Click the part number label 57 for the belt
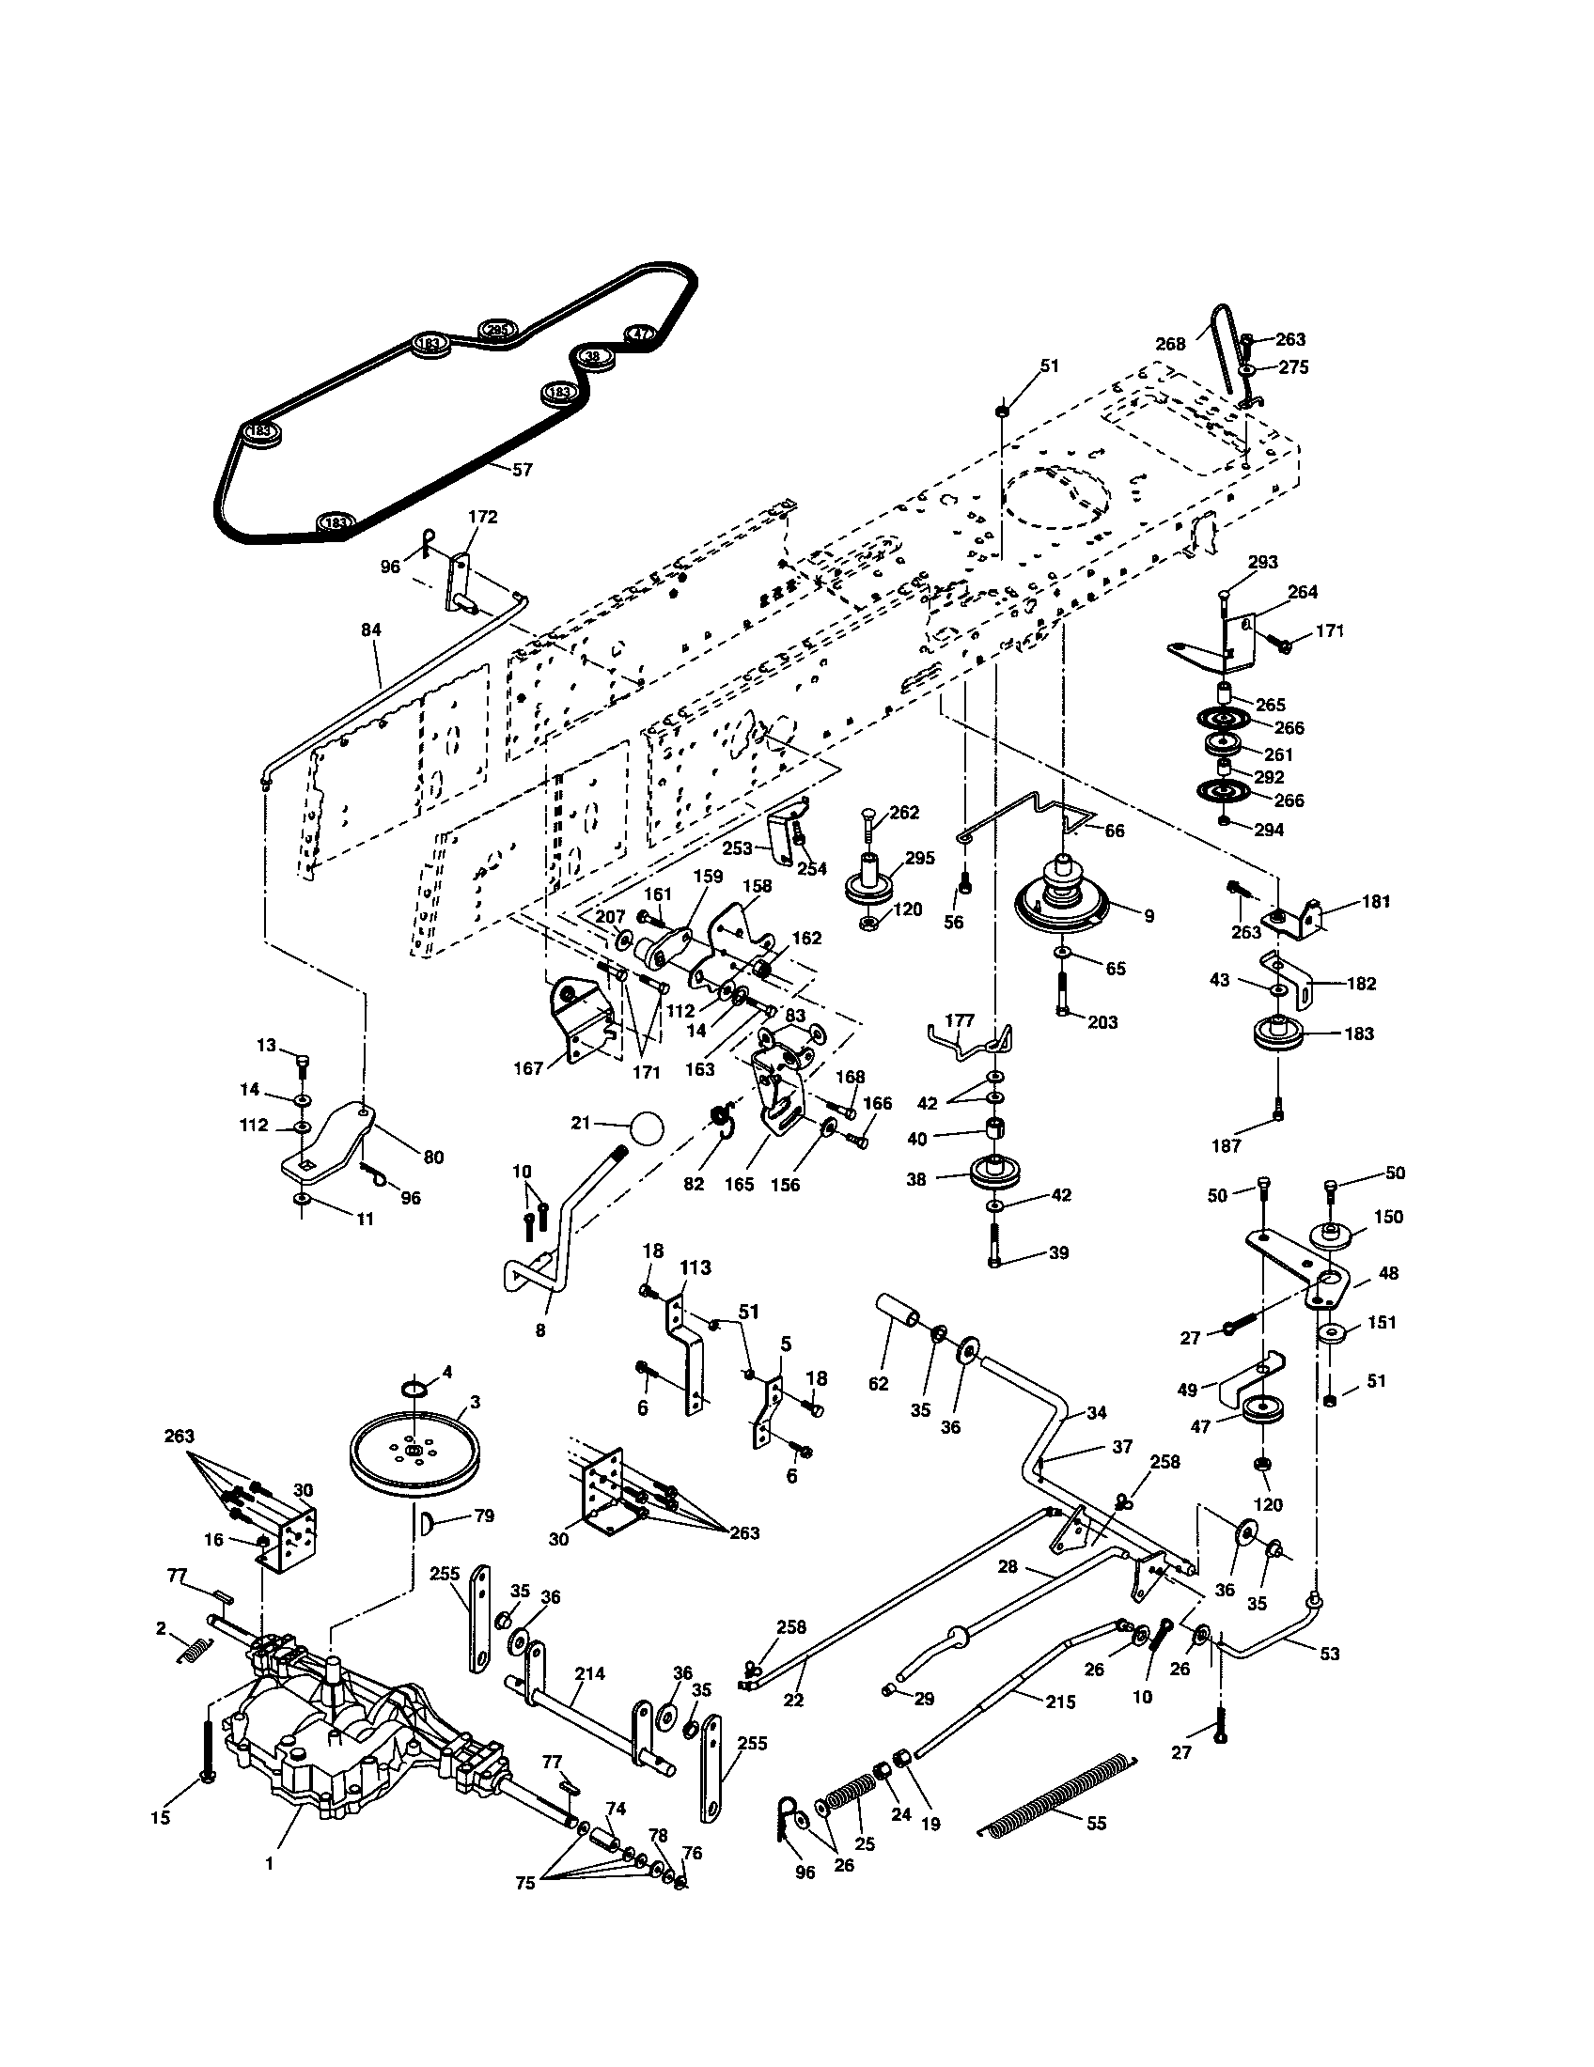(522, 470)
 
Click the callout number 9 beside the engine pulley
(1149, 916)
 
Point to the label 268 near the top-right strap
(1170, 344)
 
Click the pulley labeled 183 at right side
(1277, 1034)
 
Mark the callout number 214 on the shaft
(589, 1673)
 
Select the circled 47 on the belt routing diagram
(641, 334)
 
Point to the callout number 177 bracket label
(959, 1020)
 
